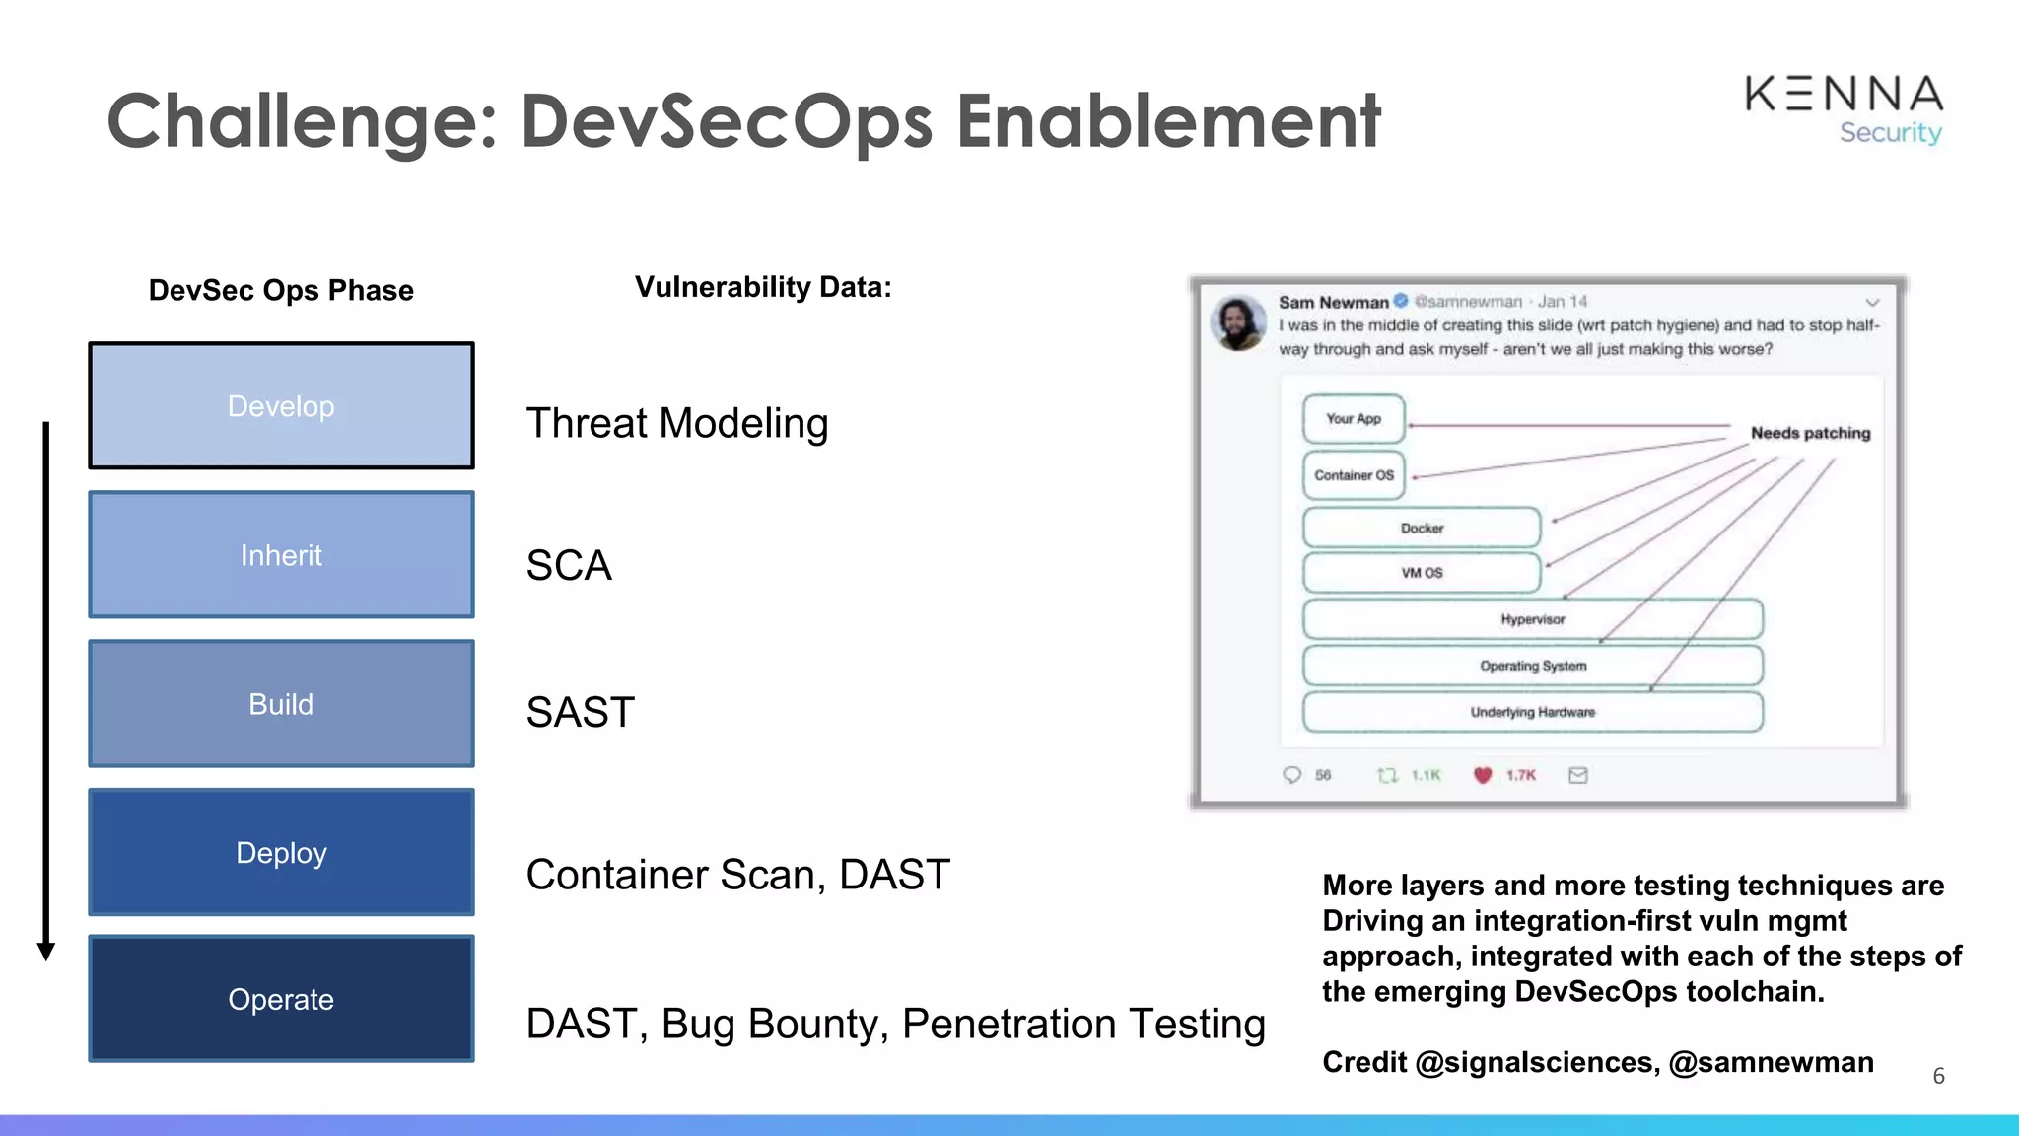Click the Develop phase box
click(281, 405)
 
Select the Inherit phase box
click(281, 554)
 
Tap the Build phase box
click(281, 703)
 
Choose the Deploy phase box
click(281, 852)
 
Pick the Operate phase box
click(281, 999)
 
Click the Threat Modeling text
click(676, 423)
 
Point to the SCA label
click(569, 565)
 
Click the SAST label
click(580, 712)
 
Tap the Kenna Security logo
click(1843, 108)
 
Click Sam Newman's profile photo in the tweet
click(1238, 322)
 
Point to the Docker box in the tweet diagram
click(1421, 528)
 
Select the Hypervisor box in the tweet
click(1532, 619)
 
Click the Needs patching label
click(1809, 433)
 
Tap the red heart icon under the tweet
click(1482, 775)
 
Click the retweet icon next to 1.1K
click(1387, 775)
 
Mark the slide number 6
click(1938, 1076)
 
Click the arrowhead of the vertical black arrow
click(45, 951)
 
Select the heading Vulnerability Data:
click(762, 287)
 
